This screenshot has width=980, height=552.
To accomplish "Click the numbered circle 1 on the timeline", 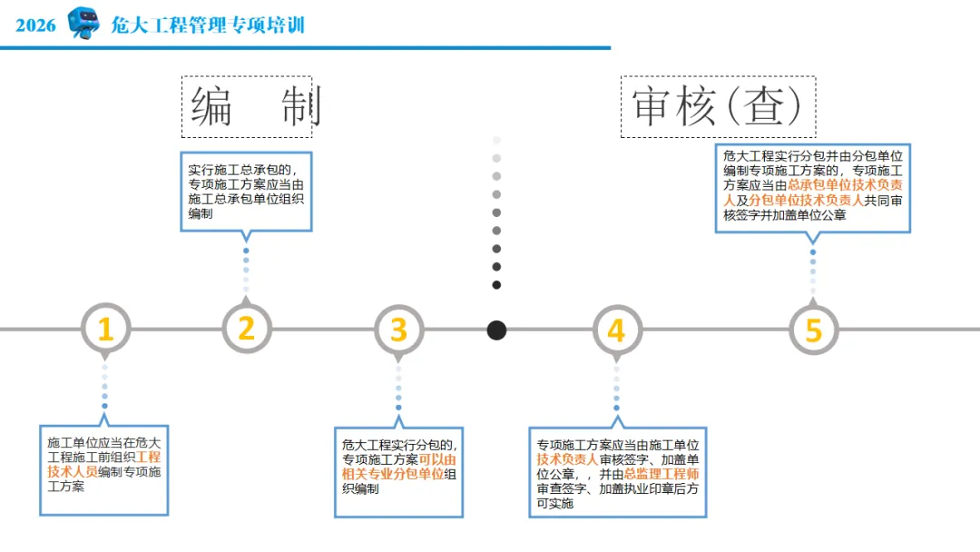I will pyautogui.click(x=105, y=329).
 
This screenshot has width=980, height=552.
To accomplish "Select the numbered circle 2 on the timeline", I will pyautogui.click(x=247, y=329).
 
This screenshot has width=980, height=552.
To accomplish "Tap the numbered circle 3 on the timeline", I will pyautogui.click(x=398, y=330).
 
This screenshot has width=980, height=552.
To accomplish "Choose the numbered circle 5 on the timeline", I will pyautogui.click(x=813, y=330).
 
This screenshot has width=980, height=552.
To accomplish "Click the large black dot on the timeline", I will pyautogui.click(x=496, y=330).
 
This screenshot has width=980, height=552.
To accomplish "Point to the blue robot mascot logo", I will pyautogui.click(x=83, y=23).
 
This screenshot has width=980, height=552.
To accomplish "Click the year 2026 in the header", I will pyautogui.click(x=36, y=25).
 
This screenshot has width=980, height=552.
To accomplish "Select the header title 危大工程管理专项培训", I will pyautogui.click(x=208, y=25).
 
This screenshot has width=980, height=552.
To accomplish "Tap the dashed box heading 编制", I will pyautogui.click(x=247, y=107).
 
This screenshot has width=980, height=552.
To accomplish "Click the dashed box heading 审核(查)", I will pyautogui.click(x=718, y=107).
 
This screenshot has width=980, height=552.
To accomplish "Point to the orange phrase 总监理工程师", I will pyautogui.click(x=661, y=474).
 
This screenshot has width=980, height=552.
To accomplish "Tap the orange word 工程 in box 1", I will pyautogui.click(x=149, y=457).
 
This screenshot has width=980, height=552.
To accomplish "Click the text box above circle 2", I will pyautogui.click(x=246, y=192).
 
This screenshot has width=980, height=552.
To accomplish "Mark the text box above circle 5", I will pyautogui.click(x=812, y=188).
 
